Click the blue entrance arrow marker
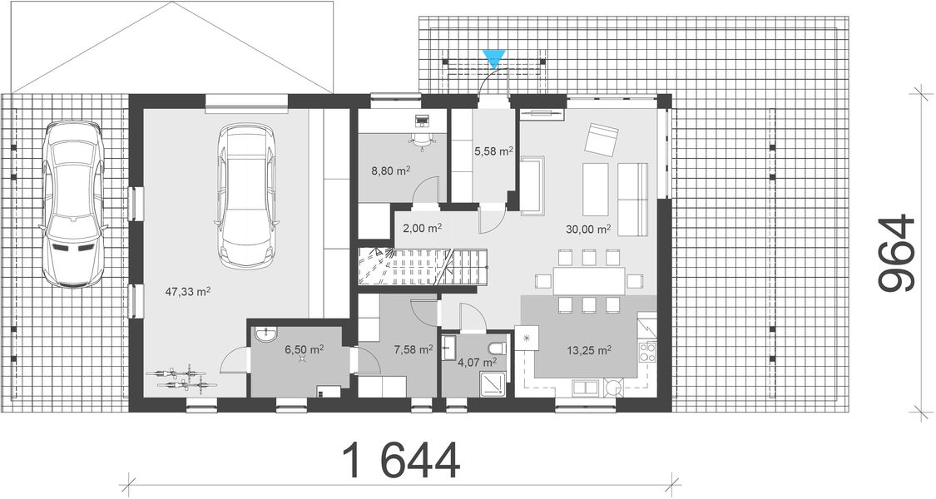[494, 58]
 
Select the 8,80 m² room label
[390, 171]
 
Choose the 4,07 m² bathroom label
[479, 362]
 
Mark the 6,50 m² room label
[304, 350]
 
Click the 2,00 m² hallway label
[421, 226]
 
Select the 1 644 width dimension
[401, 461]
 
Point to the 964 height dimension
[898, 254]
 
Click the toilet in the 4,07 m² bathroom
[498, 346]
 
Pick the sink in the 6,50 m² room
[266, 336]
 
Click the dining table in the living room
[590, 280]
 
